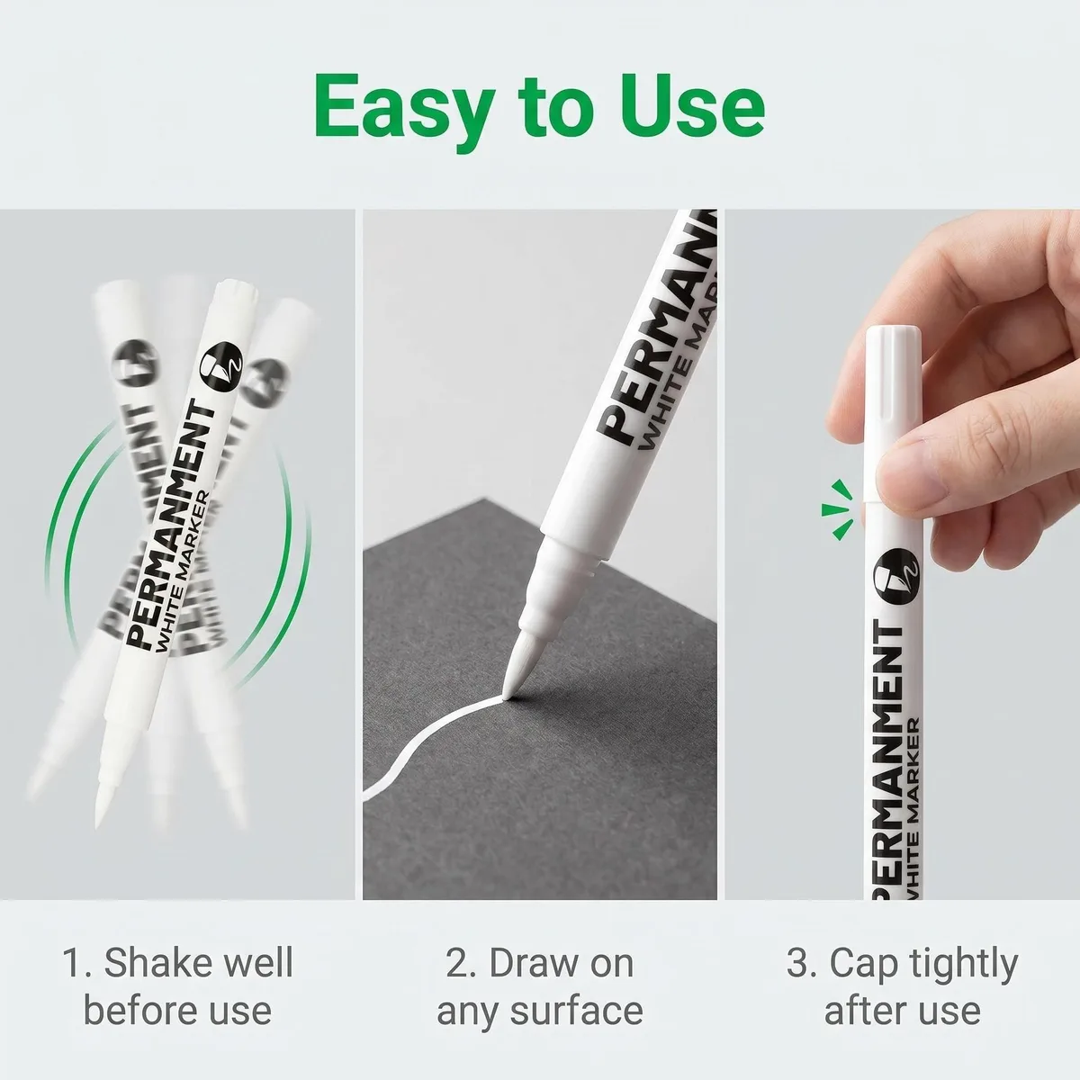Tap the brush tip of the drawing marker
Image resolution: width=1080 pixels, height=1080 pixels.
click(519, 668)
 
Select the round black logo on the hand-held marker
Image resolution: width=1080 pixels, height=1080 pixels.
click(895, 576)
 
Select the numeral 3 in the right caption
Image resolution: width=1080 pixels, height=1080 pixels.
click(796, 963)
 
